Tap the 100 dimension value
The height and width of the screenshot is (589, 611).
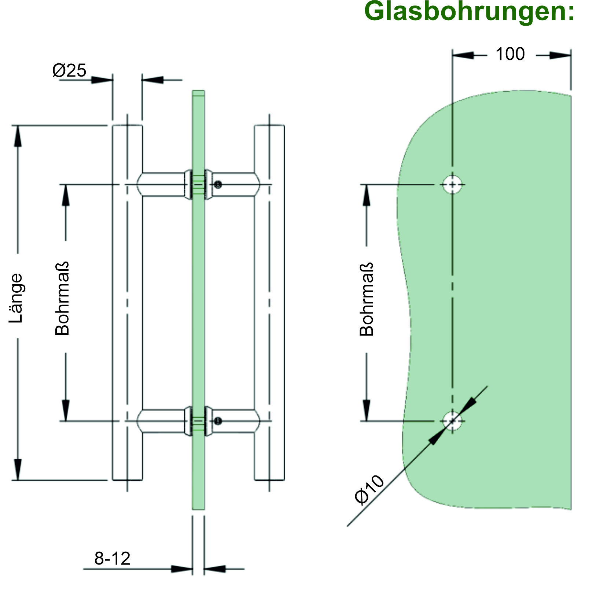pos(510,54)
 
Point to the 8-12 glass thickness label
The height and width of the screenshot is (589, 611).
pos(112,558)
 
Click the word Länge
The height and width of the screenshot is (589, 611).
pos(16,298)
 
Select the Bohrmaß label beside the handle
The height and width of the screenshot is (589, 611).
pos(62,299)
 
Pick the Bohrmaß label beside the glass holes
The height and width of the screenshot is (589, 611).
pos(367,299)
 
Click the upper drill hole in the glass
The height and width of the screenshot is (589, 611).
pos(452,184)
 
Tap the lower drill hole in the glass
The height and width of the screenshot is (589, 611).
pos(452,421)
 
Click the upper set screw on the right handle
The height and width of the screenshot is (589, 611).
pos(218,185)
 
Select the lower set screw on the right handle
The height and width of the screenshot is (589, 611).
pos(218,421)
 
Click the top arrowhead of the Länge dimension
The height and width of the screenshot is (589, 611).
pos(17,136)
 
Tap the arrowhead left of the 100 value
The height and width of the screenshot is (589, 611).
pos(463,56)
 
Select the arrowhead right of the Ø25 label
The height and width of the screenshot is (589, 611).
pos(102,79)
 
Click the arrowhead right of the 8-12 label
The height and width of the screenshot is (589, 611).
pos(182,569)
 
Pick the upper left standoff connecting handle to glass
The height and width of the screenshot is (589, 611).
pos(163,184)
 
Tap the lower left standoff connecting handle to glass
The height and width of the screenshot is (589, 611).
pos(163,421)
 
